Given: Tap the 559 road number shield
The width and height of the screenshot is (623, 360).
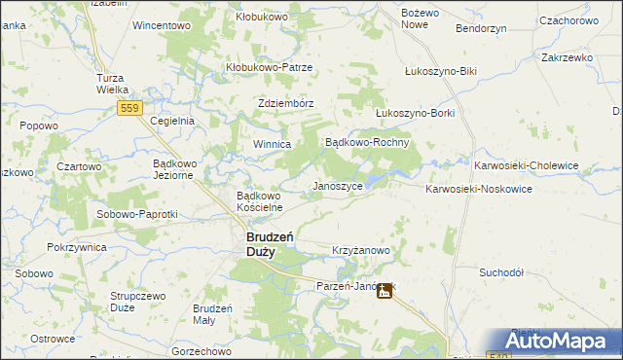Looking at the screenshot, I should click(131, 109).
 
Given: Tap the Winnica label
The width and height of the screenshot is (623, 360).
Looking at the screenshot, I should click(273, 144).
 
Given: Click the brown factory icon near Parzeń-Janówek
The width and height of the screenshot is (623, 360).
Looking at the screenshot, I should click(385, 289).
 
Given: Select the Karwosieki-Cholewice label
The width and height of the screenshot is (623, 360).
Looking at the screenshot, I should click(526, 165).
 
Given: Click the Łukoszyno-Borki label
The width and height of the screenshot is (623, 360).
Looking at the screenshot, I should click(415, 112).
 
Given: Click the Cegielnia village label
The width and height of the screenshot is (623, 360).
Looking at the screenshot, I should click(173, 121).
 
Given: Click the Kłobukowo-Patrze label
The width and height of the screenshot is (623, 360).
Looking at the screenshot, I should click(269, 67).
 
